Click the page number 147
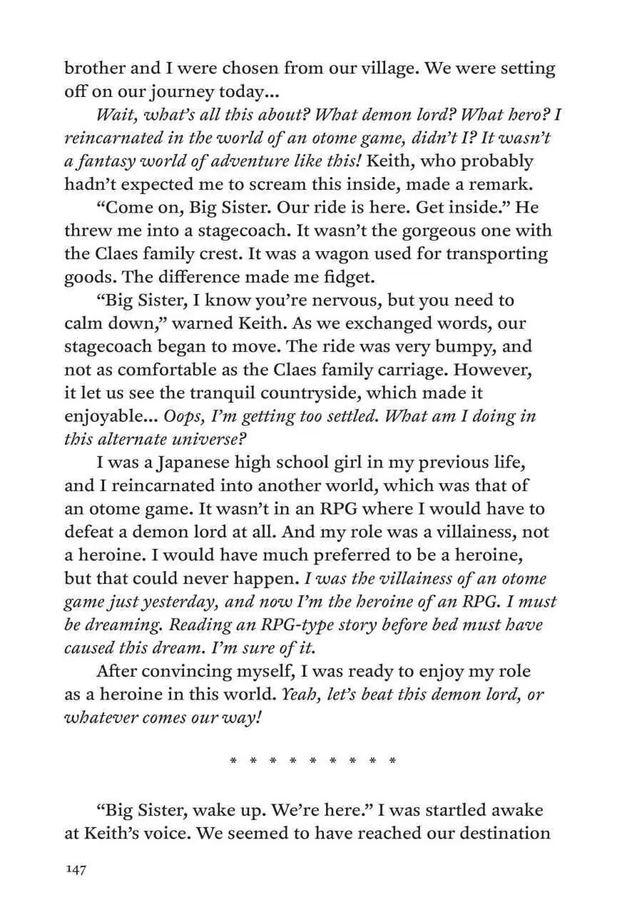click(x=75, y=870)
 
